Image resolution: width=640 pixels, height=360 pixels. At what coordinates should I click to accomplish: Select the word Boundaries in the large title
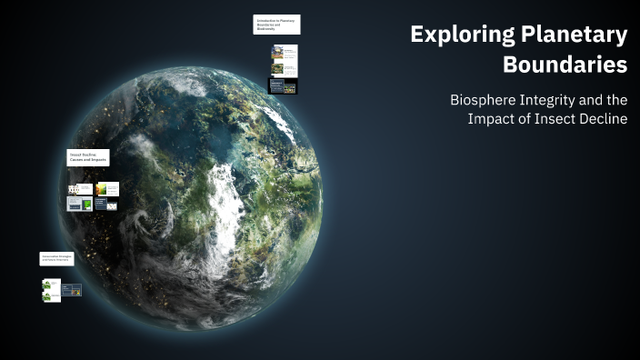[565, 65]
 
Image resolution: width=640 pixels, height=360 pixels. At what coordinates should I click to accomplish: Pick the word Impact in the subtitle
[493, 119]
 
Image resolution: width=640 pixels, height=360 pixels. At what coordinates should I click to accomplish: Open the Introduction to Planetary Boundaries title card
[276, 25]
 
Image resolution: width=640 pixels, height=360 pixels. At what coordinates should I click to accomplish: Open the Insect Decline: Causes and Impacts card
[88, 156]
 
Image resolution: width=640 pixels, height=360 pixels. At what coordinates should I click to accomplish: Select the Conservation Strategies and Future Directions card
[56, 259]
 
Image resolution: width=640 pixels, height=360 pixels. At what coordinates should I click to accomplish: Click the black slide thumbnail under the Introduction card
[283, 86]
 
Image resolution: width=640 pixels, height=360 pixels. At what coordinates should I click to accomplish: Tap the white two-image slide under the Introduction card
[284, 54]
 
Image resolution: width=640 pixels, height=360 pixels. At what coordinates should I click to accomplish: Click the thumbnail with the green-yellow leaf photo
[108, 189]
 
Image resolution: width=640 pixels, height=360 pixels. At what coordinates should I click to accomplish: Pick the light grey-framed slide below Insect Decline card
[80, 204]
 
